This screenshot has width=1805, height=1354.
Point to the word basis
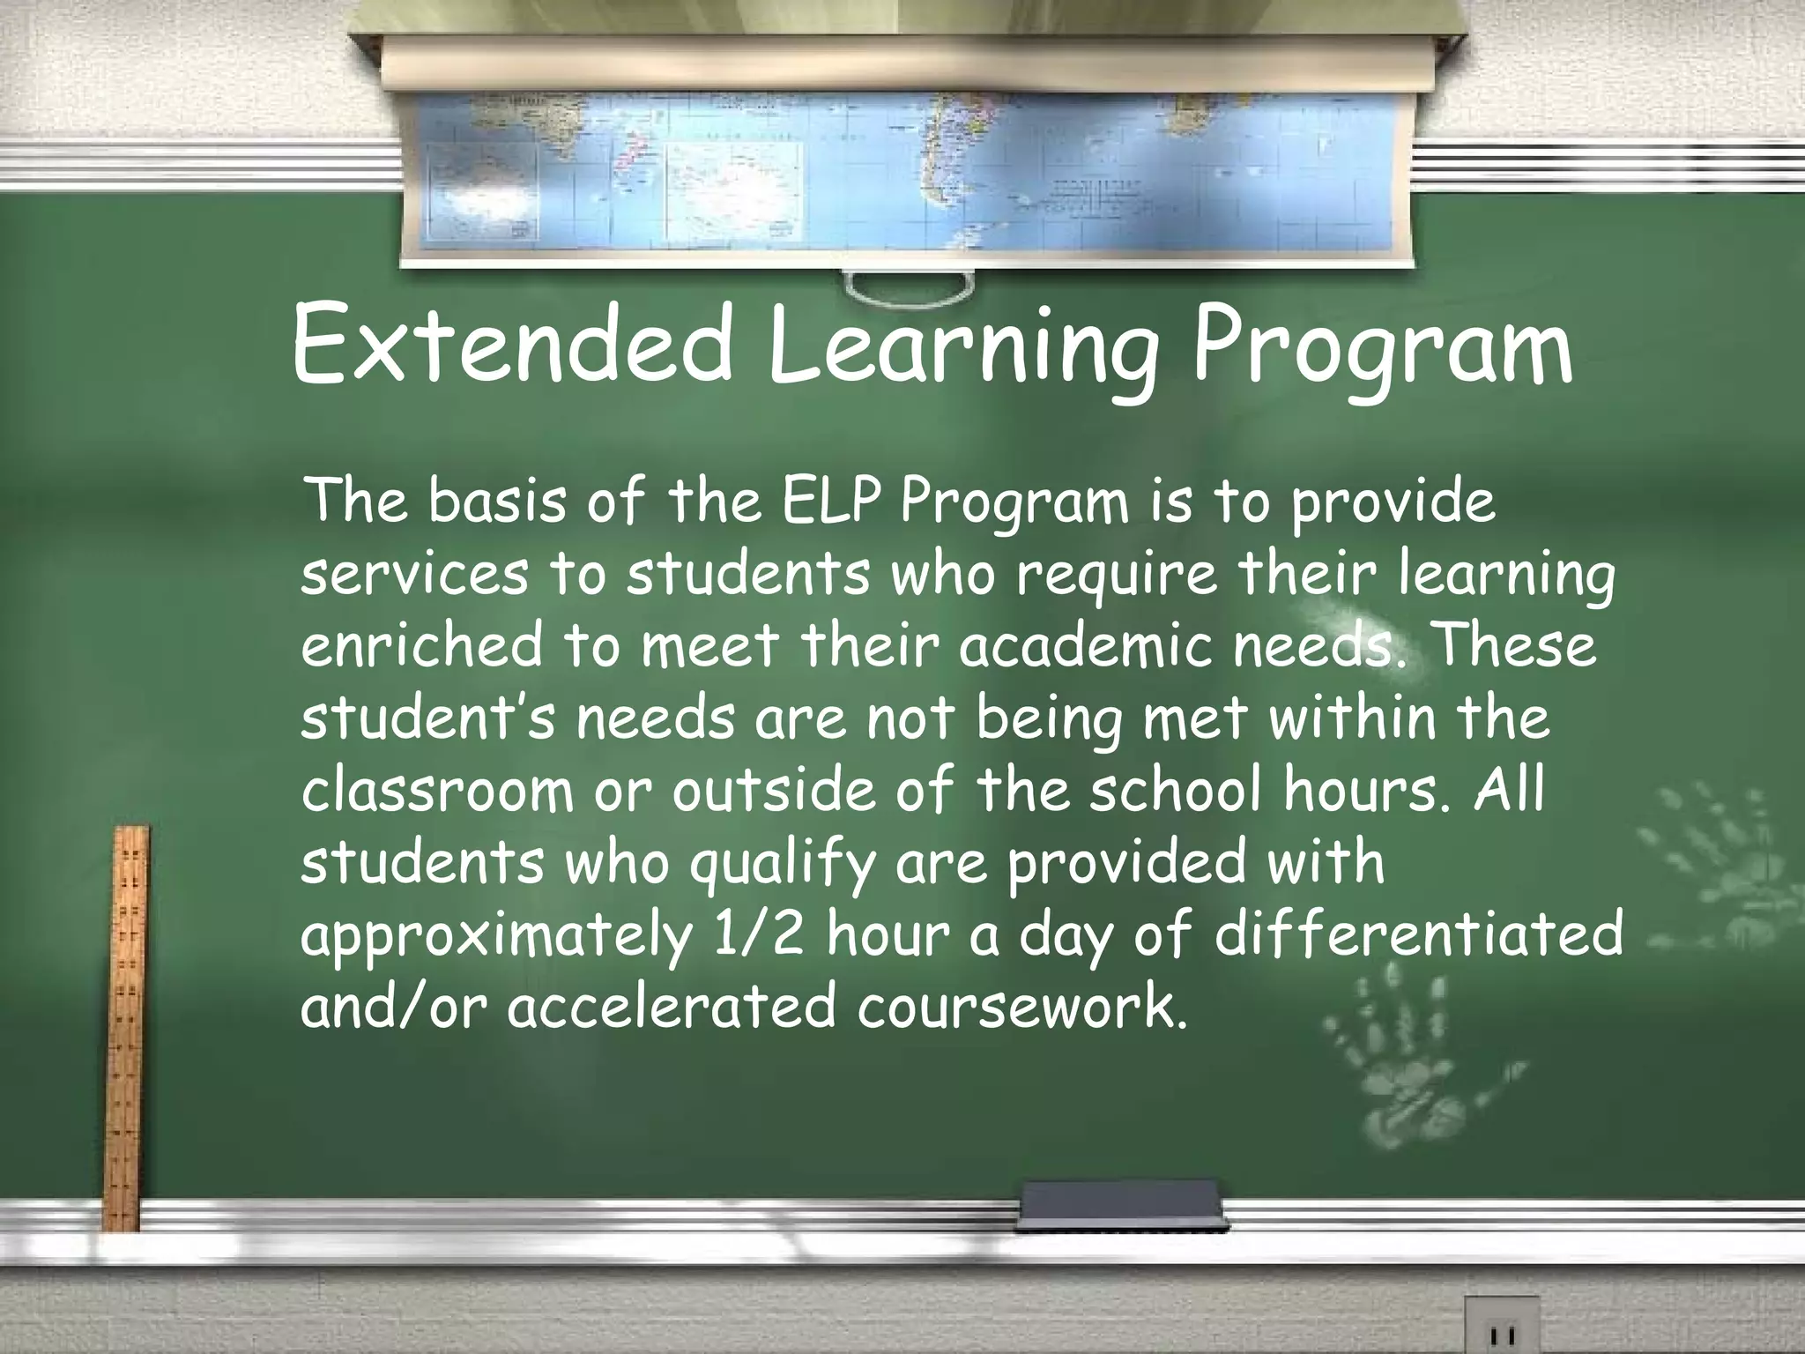[x=497, y=502]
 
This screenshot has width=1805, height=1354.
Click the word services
[x=415, y=574]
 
